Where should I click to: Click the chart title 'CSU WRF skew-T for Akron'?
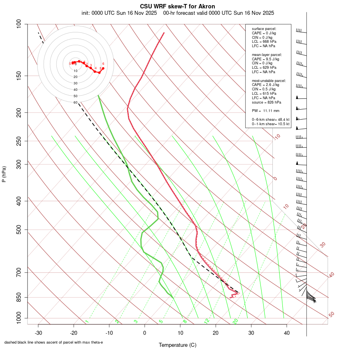point(177,6)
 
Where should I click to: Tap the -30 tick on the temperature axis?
point(38,332)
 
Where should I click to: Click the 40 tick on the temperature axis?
point(286,332)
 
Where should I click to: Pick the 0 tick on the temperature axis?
point(145,332)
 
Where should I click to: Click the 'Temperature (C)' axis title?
point(178,345)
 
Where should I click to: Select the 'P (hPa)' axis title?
point(4,174)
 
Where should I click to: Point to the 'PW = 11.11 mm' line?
point(265,110)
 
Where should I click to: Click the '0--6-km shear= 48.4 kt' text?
point(270,119)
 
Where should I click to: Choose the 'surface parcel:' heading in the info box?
point(264,29)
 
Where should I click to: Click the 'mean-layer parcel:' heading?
point(267,54)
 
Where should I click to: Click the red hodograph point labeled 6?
point(103,68)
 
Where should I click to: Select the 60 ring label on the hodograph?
point(75,102)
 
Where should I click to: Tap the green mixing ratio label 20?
point(235,321)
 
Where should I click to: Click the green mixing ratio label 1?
point(86,322)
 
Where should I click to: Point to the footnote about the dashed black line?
point(54,342)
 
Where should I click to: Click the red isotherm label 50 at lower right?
point(331,315)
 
